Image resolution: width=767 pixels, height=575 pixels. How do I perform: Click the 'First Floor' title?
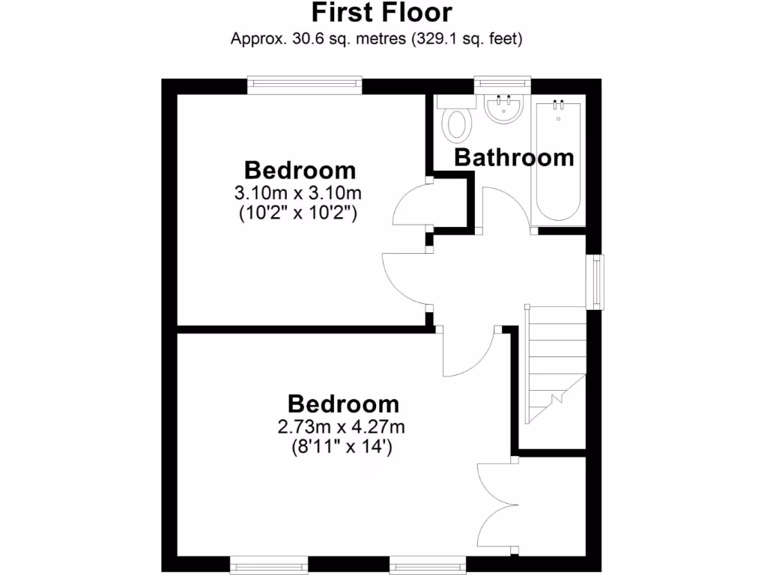pyautogui.click(x=381, y=13)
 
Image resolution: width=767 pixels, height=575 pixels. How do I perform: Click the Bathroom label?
pyautogui.click(x=514, y=158)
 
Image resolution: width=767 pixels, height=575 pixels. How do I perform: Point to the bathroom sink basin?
pyautogui.click(x=503, y=109)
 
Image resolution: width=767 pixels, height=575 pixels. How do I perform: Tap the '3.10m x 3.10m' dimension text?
pyautogui.click(x=298, y=192)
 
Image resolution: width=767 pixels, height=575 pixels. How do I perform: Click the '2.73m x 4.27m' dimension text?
pyautogui.click(x=342, y=428)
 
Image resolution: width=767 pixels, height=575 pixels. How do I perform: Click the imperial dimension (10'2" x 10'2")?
pyautogui.click(x=298, y=213)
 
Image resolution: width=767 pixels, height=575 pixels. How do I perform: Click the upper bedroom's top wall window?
pyautogui.click(x=305, y=83)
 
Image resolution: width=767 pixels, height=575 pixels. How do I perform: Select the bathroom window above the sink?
pyautogui.click(x=503, y=83)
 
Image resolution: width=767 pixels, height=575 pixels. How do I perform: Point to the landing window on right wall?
pyautogui.click(x=596, y=282)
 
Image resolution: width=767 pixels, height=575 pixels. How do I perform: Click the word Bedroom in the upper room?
pyautogui.click(x=300, y=170)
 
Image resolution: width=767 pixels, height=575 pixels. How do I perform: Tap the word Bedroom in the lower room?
pyautogui.click(x=343, y=404)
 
